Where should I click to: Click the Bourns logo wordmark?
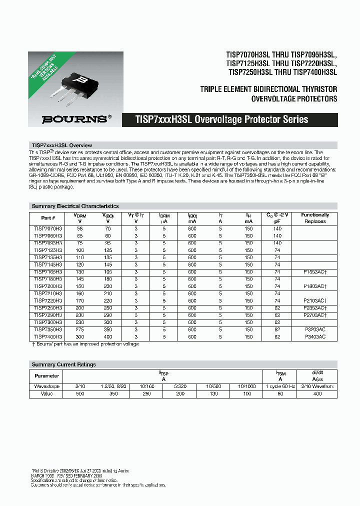click(74, 119)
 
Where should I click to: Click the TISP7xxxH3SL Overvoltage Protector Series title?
click(221, 119)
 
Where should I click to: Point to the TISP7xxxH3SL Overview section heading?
click(61, 145)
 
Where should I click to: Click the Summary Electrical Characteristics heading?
click(75, 206)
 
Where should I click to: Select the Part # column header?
click(48, 218)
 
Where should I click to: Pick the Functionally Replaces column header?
click(315, 218)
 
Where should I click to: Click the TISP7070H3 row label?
click(48, 228)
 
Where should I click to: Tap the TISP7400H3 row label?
click(48, 337)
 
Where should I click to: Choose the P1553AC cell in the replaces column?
click(315, 271)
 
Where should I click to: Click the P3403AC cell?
click(315, 337)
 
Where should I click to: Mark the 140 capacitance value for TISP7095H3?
click(277, 242)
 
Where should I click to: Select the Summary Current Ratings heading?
click(63, 364)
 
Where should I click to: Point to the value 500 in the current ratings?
click(80, 394)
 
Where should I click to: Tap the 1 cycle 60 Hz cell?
click(280, 386)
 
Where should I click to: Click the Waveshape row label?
click(46, 386)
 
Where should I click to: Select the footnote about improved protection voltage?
click(85, 344)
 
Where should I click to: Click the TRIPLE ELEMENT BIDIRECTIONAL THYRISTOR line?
click(268, 89)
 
